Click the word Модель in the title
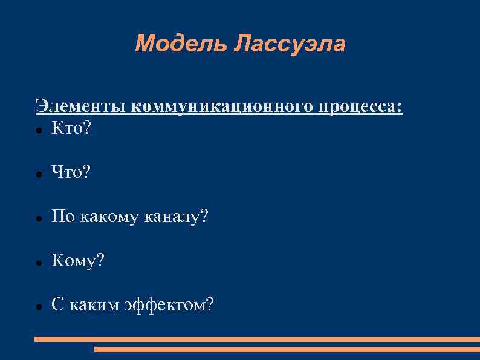pyautogui.click(x=181, y=44)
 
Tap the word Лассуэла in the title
pyautogui.click(x=290, y=44)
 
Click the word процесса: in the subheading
pyautogui.click(x=361, y=108)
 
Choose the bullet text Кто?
pyautogui.click(x=71, y=128)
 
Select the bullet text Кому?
pyautogui.click(x=78, y=261)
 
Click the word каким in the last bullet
pyautogui.click(x=94, y=305)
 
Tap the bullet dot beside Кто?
pyautogui.click(x=38, y=129)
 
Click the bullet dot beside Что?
pyautogui.click(x=38, y=174)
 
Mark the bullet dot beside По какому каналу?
pyautogui.click(x=38, y=218)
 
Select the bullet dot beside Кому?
pyautogui.click(x=38, y=263)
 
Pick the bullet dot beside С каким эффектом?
pyautogui.click(x=38, y=307)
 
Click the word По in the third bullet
pyautogui.click(x=61, y=217)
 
